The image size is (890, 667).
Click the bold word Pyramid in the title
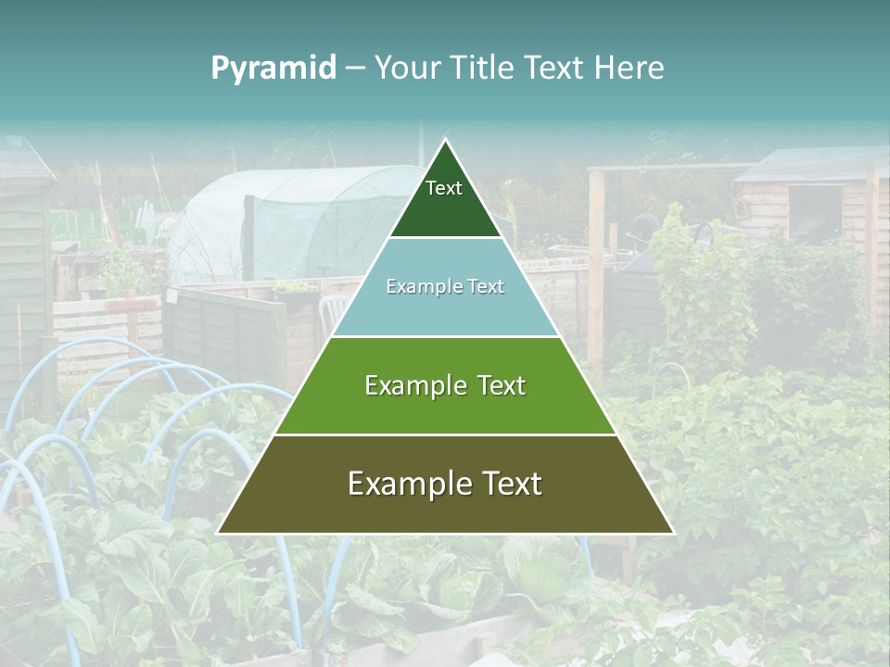click(x=273, y=69)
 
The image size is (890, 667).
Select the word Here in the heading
click(x=629, y=68)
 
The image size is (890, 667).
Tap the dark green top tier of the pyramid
click(x=445, y=208)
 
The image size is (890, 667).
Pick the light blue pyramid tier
click(x=445, y=310)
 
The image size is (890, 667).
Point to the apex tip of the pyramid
click(x=445, y=141)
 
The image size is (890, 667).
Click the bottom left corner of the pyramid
click(x=219, y=533)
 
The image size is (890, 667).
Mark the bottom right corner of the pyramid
click(x=672, y=533)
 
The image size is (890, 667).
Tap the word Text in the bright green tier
click(x=501, y=385)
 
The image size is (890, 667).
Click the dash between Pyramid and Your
click(x=355, y=69)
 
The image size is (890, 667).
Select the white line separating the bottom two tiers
click(x=445, y=434)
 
